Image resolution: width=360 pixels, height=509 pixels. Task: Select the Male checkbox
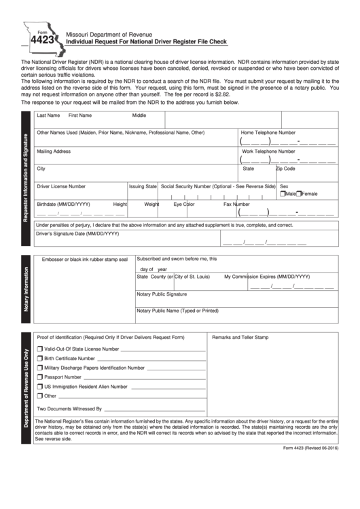point(283,194)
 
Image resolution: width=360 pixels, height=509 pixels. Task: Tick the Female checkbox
point(300,194)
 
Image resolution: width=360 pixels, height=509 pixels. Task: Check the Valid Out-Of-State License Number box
point(39,349)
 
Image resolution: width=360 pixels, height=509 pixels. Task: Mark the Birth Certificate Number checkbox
point(39,358)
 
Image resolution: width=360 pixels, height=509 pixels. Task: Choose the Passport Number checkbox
point(39,376)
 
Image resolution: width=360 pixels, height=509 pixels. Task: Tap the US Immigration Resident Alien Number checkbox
point(39,386)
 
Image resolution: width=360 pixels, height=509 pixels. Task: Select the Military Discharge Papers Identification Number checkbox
point(39,368)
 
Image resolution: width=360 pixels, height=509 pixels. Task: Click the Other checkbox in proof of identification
point(39,396)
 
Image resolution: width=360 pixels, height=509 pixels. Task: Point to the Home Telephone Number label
point(268,133)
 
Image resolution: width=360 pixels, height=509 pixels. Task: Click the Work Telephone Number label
point(268,151)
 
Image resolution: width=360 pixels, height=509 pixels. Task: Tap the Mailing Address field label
point(54,151)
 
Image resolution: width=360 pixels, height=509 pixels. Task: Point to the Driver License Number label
point(61,186)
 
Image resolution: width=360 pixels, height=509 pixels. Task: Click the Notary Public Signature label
point(162,294)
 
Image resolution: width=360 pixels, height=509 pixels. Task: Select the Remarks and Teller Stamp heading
point(240,337)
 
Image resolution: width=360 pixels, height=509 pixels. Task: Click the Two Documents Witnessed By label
point(69,409)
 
